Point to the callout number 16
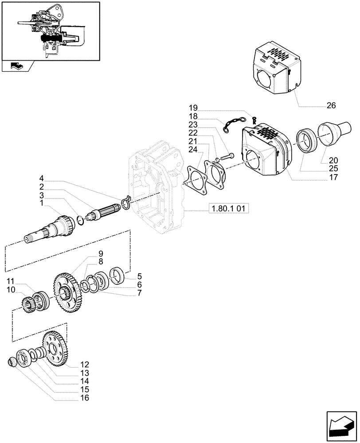85,398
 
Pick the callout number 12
85,365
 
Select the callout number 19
192,108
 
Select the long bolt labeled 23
229,156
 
